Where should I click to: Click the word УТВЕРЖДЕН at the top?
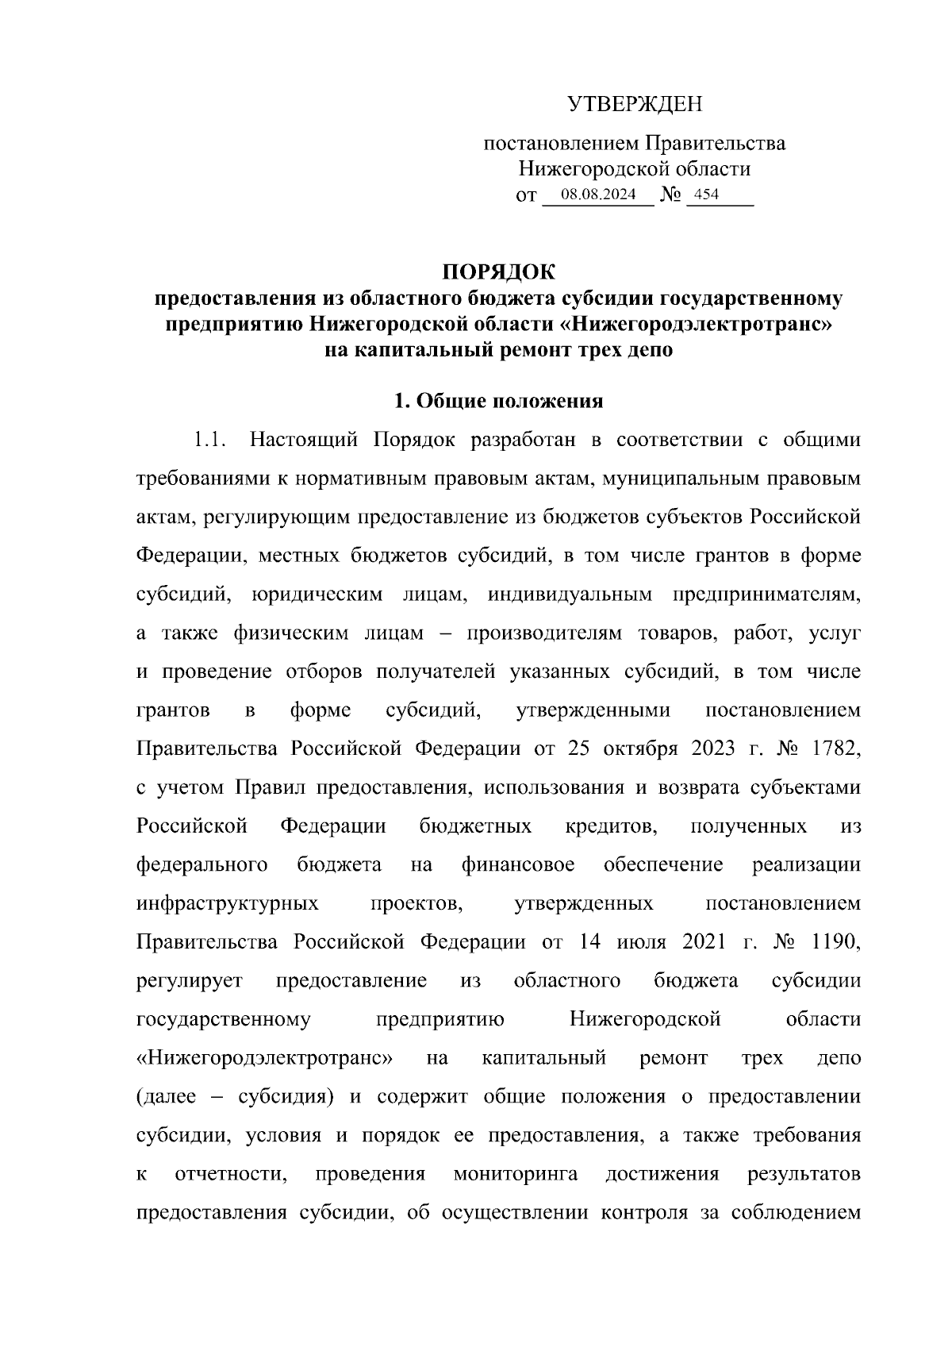pos(635,104)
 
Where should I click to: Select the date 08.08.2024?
pos(597,194)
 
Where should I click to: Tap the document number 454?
pos(706,194)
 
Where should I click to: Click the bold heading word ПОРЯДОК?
pos(499,271)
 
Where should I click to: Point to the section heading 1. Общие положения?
pos(499,402)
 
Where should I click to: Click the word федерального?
pos(202,865)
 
